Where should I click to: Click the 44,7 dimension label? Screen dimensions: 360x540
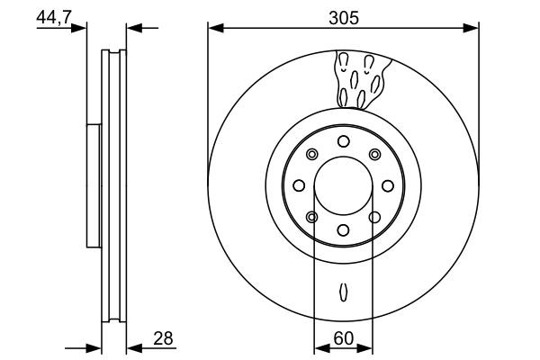55,15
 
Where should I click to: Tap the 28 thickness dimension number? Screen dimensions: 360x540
162,338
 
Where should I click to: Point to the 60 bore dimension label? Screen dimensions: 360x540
343,338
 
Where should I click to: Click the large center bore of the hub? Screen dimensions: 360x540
343,185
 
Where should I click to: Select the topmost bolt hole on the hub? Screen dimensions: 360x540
343,140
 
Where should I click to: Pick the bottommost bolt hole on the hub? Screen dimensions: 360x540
343,230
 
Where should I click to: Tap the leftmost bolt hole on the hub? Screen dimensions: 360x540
298,185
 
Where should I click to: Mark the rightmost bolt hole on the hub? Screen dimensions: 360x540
388,185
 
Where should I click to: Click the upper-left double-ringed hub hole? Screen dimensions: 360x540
311,154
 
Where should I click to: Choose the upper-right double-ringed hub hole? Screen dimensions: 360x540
374,154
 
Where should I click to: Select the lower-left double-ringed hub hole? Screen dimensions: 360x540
311,217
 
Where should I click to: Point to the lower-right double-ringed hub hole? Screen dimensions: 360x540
374,217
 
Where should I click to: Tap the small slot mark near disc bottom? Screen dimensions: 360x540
343,292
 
